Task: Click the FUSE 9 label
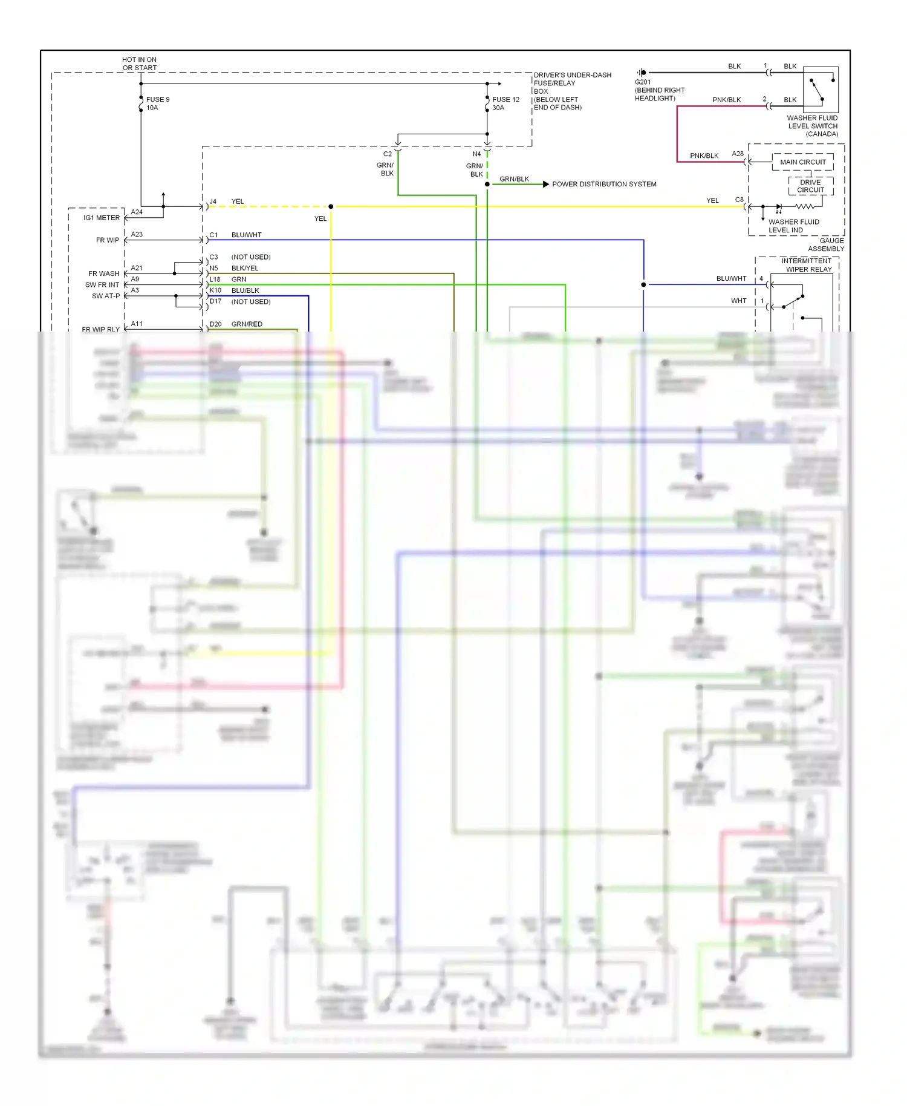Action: click(x=157, y=100)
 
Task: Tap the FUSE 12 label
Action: click(x=506, y=100)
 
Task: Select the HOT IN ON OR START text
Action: click(x=139, y=64)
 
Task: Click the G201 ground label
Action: click(x=643, y=82)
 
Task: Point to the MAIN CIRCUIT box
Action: click(x=802, y=162)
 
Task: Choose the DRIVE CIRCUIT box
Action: click(x=810, y=186)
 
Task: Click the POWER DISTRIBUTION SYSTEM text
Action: click(x=603, y=184)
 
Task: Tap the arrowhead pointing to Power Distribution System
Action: click(x=545, y=184)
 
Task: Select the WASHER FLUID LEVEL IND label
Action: click(x=793, y=226)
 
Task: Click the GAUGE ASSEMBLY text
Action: click(x=827, y=244)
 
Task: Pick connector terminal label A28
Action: click(x=737, y=154)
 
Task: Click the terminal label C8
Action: click(x=739, y=200)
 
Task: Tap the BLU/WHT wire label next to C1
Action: click(x=246, y=235)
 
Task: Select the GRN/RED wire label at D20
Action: click(x=247, y=324)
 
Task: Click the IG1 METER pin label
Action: click(x=102, y=218)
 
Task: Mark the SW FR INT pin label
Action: click(x=102, y=285)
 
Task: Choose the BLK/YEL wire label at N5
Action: click(x=244, y=268)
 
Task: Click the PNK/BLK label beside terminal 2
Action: click(x=726, y=100)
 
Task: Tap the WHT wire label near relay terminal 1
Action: click(x=738, y=301)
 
